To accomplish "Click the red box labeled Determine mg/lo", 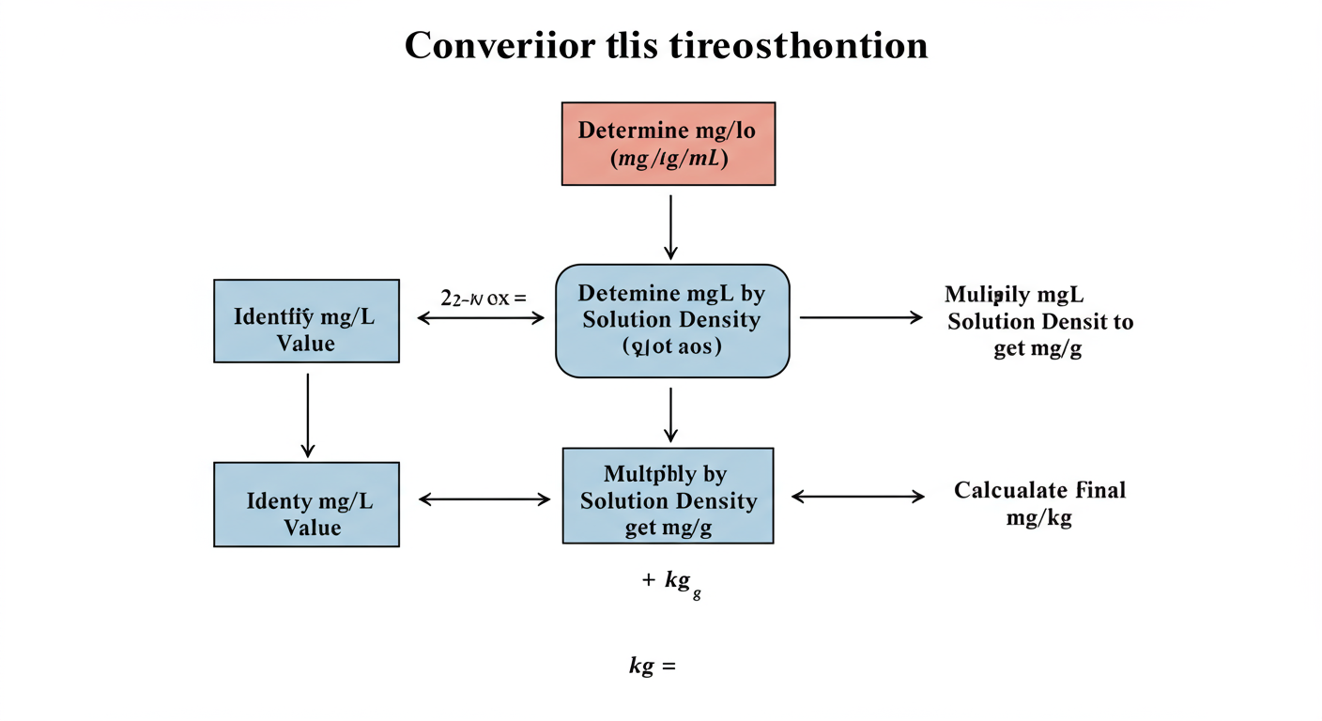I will coord(668,143).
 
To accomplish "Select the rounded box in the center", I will coord(672,320).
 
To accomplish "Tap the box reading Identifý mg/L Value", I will coord(306,320).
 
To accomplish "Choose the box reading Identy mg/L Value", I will coord(306,503).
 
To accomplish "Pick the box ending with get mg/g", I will coord(668,496).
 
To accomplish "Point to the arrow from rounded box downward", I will coord(669,413).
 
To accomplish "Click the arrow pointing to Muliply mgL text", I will coord(860,318).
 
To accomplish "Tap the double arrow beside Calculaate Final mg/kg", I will coord(858,497).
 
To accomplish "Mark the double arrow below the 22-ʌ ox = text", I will coord(480,318).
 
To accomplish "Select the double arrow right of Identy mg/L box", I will coord(484,499).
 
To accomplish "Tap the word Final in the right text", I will coord(1100,490).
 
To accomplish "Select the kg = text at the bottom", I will coord(652,667).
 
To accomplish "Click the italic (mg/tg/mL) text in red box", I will coord(668,159).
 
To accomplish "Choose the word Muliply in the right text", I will coord(983,295).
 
